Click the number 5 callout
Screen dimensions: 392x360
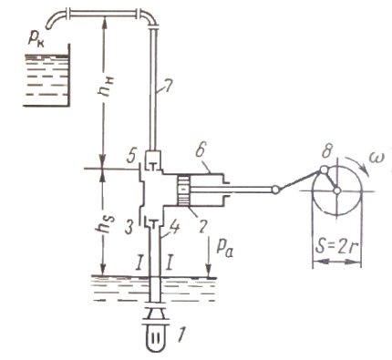pyautogui.click(x=132, y=156)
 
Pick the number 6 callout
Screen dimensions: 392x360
pyautogui.click(x=200, y=151)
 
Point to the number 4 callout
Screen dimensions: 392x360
pyautogui.click(x=174, y=224)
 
